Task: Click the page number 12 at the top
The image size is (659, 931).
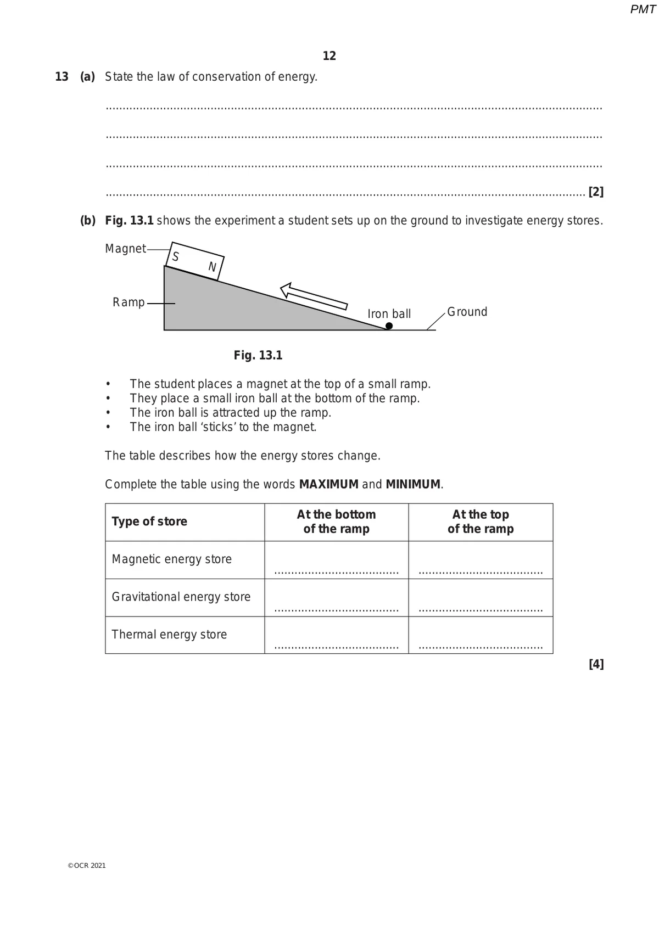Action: coord(329,56)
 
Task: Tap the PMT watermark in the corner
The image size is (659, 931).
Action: coord(643,9)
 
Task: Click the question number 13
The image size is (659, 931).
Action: coord(62,77)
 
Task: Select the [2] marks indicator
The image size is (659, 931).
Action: coord(596,192)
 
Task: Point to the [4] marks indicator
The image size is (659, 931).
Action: coord(596,665)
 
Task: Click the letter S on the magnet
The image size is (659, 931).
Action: coord(176,256)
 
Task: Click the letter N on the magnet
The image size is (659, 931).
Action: coord(212,267)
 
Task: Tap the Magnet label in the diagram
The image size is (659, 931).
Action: coord(125,249)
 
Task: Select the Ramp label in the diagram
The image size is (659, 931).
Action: coord(129,302)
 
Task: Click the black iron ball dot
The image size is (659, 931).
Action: coord(389,326)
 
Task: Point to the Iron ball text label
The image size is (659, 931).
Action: coord(389,314)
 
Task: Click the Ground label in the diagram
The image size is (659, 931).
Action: coord(467,312)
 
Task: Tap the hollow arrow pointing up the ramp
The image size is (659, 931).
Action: coord(314,296)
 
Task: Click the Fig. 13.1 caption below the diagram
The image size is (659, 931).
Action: coord(258,355)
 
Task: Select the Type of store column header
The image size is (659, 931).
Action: coord(149,521)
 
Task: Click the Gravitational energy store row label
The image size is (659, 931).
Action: coord(181,597)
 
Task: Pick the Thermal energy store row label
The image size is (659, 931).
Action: coord(169,635)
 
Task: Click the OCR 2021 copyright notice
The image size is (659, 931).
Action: coord(87,866)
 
